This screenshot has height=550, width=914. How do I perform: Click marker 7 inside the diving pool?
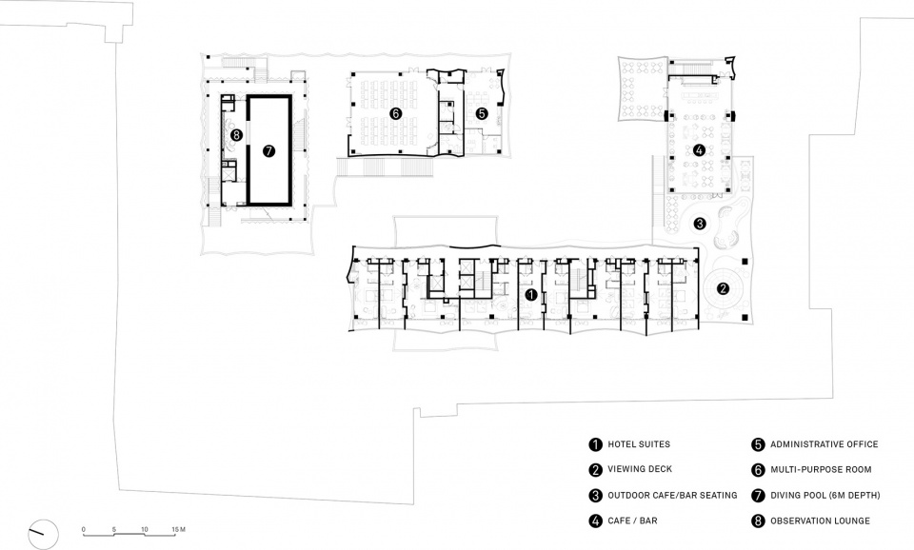pos(268,151)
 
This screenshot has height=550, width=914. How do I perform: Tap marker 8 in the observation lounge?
pos(235,134)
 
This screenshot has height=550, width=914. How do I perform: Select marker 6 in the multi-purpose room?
pos(395,113)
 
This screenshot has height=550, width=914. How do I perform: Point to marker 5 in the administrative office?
pos(482,113)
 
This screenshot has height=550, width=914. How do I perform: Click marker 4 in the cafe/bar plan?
pos(699,150)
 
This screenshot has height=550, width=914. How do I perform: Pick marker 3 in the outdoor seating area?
pos(700,223)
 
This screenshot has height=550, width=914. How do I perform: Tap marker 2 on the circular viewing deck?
pos(723,288)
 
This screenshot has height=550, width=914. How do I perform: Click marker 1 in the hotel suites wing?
pos(530,295)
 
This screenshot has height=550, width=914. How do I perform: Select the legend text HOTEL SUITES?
pos(639,444)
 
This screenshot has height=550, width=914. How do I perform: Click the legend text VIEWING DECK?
pos(640,469)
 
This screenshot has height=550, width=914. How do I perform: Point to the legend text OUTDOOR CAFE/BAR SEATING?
pos(673,495)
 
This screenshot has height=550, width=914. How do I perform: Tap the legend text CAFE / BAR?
pos(632,521)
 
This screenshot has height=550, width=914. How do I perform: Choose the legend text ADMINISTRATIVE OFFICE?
pos(825,444)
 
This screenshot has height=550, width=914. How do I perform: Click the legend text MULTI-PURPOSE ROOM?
pos(821,469)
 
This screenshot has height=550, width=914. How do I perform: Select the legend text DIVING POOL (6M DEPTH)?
pos(825,495)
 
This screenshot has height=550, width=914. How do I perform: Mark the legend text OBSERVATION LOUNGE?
pos(820,521)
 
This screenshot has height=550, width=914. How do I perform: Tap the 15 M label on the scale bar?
pos(178,530)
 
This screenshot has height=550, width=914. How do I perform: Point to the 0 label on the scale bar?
pos(84,530)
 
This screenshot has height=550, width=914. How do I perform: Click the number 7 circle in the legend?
pos(758,496)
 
